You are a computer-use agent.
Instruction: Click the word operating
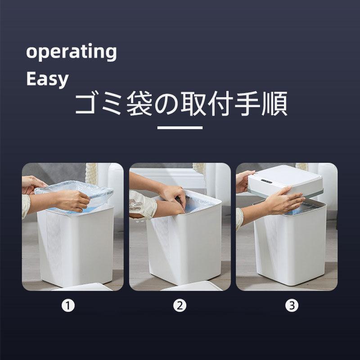click(72, 52)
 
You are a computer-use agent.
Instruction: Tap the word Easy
click(48, 79)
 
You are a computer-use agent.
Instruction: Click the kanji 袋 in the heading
click(139, 103)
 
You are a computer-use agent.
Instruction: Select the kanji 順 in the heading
click(274, 103)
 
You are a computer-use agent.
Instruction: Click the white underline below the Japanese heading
click(180, 127)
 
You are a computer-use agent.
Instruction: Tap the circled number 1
click(68, 306)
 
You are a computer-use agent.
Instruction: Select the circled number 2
click(180, 306)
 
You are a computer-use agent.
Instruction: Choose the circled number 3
click(292, 306)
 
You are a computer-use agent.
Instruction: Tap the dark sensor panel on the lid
click(266, 181)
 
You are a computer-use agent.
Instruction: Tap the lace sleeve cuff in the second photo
click(142, 204)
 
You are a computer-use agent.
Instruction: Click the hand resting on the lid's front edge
click(285, 199)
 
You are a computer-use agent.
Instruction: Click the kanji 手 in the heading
click(247, 103)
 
